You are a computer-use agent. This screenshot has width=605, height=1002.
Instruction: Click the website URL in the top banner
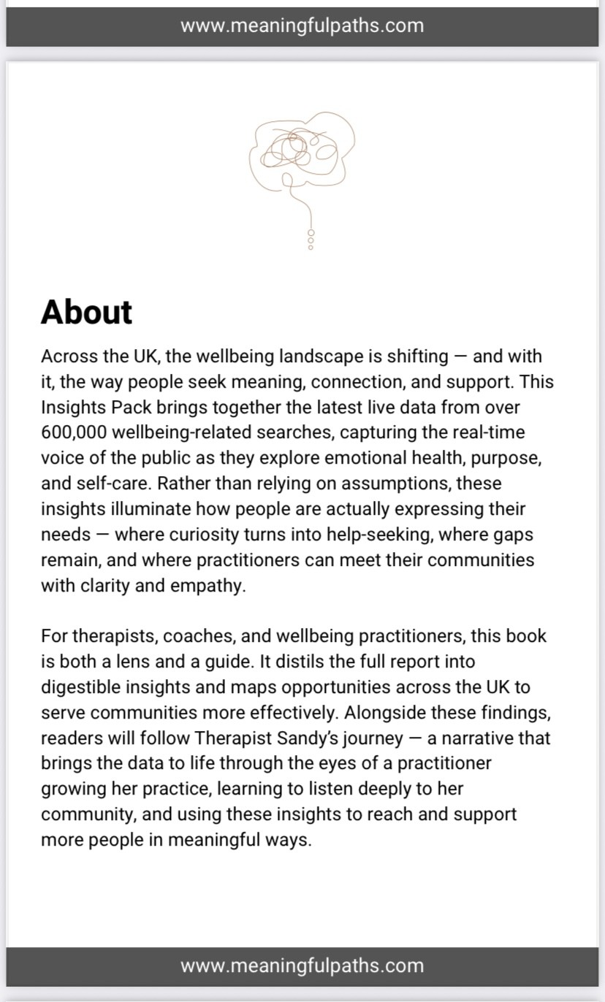302,26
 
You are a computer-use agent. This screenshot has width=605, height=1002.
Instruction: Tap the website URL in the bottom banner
302,965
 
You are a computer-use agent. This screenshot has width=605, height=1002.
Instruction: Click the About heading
86,312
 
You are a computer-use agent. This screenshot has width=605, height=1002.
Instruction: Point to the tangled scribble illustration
302,153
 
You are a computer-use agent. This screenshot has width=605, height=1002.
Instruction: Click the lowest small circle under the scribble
311,248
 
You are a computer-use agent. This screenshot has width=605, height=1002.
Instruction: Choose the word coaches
196,636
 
